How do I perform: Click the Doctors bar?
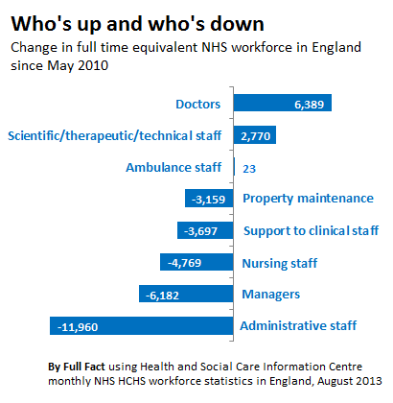[x=283, y=103]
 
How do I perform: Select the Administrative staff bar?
[x=142, y=326]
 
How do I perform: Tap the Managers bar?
[x=186, y=294]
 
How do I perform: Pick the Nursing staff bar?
[x=196, y=262]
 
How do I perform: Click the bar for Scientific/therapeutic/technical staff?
[x=255, y=134]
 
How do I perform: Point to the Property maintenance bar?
[x=209, y=199]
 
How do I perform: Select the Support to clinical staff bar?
[x=205, y=230]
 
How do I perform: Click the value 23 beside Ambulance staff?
[x=249, y=169]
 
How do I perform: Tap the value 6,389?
[x=309, y=105]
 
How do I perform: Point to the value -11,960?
[x=78, y=327]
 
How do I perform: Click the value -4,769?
[x=185, y=263]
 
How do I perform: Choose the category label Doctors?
[x=198, y=105]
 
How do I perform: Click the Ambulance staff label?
[x=173, y=167]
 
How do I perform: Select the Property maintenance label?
[x=308, y=199]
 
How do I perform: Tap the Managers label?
[x=271, y=295]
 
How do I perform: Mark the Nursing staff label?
[x=280, y=264]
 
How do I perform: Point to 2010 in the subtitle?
[x=93, y=65]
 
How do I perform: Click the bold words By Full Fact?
[x=77, y=367]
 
